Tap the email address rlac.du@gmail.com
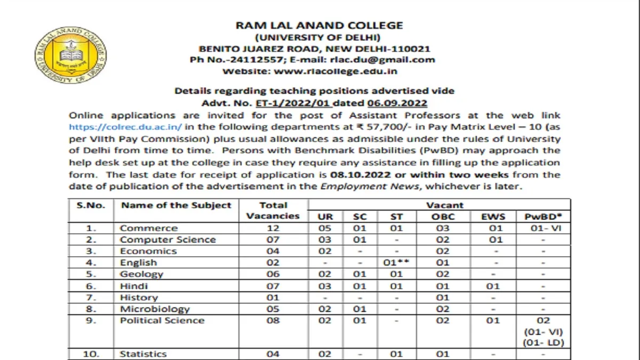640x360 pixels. pyautogui.click(x=387, y=60)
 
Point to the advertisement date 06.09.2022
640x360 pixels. pyautogui.click(x=397, y=103)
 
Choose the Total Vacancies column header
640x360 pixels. pyautogui.click(x=273, y=211)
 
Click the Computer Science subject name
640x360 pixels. pyautogui.click(x=168, y=239)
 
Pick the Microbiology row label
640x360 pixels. pyautogui.click(x=155, y=309)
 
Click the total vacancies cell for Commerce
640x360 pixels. pyautogui.click(x=273, y=228)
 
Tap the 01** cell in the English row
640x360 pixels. pyautogui.click(x=393, y=262)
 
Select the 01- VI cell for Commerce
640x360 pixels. pyautogui.click(x=543, y=228)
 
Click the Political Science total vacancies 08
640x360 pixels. pyautogui.click(x=273, y=321)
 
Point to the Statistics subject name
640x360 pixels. pyautogui.click(x=143, y=354)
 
